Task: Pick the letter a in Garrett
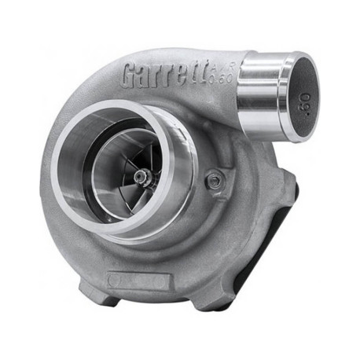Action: (147, 75)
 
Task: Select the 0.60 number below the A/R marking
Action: (222, 81)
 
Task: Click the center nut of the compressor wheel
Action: (141, 178)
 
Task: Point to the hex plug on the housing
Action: (215, 181)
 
